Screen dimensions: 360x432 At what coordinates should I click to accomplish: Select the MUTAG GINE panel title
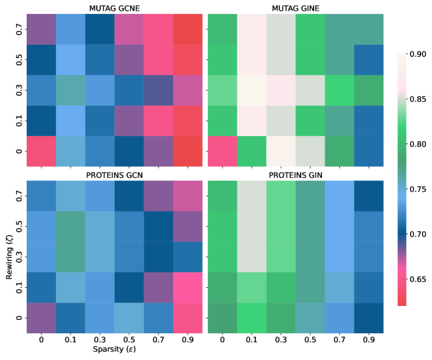(x=296, y=7)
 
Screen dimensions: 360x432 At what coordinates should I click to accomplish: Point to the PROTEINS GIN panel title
(x=296, y=174)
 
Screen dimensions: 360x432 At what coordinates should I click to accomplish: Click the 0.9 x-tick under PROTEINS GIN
(x=368, y=340)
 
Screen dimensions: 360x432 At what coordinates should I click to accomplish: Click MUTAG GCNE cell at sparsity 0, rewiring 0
(x=40, y=151)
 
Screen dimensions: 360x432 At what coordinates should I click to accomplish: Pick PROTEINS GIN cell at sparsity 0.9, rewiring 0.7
(x=368, y=195)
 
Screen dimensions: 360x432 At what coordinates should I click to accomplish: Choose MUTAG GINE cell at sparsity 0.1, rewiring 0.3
(x=251, y=89)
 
